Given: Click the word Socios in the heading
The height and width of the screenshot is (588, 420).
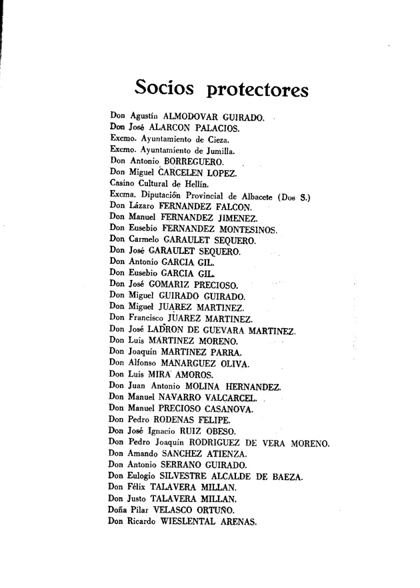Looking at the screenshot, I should (x=165, y=88).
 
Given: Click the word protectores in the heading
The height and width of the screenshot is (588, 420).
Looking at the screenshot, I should (x=258, y=89).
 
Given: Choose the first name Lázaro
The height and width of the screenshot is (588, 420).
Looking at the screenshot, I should (x=142, y=206).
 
